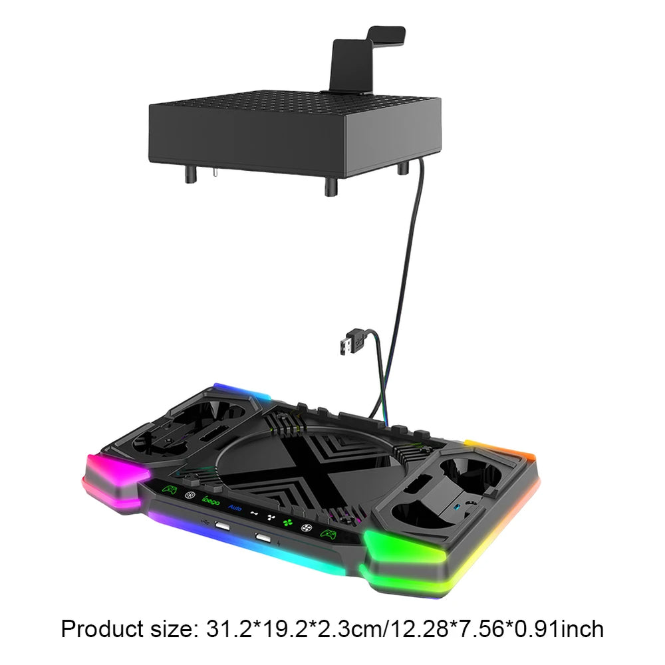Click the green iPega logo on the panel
tap(211, 501)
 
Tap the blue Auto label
tap(235, 507)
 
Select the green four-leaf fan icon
tap(288, 523)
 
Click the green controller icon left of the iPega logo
tap(170, 490)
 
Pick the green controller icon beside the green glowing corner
tap(328, 534)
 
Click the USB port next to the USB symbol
tap(222, 526)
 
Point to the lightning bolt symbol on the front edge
tap(278, 543)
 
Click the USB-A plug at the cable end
tap(350, 342)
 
